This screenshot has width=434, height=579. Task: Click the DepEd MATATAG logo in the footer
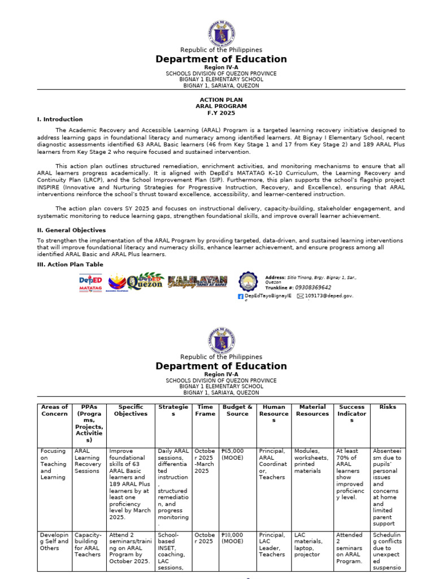click(90, 283)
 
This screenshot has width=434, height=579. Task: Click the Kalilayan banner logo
click(197, 282)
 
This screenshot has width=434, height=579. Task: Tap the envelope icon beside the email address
click(300, 296)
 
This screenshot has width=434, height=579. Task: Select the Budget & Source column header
click(237, 410)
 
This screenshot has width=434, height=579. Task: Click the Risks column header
click(388, 407)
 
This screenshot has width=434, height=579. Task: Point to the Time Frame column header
click(205, 410)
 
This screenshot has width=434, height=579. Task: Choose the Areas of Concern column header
click(54, 410)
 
